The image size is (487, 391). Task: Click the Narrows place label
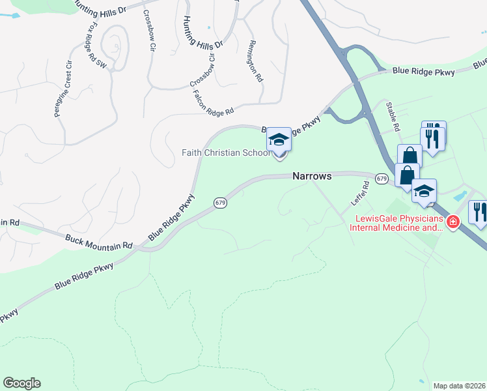312,176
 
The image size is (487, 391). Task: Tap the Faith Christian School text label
225,152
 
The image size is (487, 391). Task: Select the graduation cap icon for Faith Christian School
279,140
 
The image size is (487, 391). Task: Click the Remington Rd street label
254,61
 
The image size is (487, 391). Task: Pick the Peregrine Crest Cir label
63,89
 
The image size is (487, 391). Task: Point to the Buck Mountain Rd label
98,240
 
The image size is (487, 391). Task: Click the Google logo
21,383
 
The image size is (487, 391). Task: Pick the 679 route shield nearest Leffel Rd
382,178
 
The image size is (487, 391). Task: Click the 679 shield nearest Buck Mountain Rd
220,203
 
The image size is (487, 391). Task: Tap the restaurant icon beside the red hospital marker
479,212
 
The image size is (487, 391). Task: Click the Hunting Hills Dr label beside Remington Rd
203,32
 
